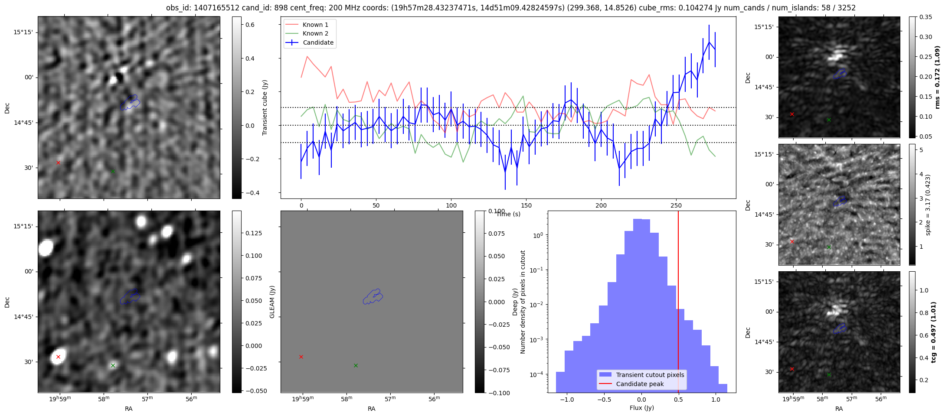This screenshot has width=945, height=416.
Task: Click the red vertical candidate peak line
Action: click(x=678, y=303)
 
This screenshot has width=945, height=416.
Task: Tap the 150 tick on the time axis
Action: click(x=526, y=205)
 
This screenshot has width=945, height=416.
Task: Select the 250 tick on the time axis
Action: click(x=676, y=205)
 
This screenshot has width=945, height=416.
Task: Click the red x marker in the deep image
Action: click(x=58, y=357)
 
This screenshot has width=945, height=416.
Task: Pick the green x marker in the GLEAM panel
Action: click(x=356, y=365)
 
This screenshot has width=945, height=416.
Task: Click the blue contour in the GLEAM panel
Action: click(x=373, y=296)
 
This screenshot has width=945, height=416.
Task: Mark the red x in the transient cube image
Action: click(x=58, y=162)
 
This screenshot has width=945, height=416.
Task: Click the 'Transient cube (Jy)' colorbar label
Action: click(x=265, y=107)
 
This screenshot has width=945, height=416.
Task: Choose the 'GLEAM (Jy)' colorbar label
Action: click(x=272, y=302)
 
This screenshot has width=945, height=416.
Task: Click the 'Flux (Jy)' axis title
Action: click(x=641, y=408)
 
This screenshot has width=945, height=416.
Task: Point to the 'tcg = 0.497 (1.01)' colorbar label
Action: click(x=934, y=332)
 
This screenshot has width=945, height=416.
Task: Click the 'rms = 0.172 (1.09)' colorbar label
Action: click(x=937, y=77)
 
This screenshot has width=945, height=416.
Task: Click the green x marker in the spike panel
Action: click(x=829, y=247)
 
